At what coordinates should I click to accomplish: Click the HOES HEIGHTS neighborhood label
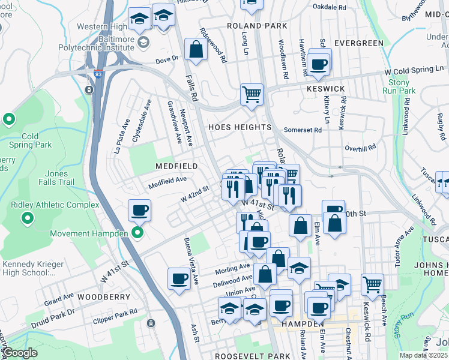click(x=240, y=128)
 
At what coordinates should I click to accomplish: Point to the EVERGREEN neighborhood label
click(x=358, y=43)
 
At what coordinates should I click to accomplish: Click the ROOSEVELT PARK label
click(x=237, y=356)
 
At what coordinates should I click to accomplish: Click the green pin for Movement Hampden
click(x=137, y=233)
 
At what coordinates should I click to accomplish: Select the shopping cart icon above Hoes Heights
click(x=252, y=94)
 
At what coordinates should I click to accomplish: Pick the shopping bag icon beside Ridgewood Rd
click(x=196, y=50)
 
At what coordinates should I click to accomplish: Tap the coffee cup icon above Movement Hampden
click(x=139, y=210)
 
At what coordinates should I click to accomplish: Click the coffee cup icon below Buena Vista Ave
click(x=179, y=278)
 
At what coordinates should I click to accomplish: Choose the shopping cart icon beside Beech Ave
click(x=372, y=283)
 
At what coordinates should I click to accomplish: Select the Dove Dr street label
click(x=167, y=59)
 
